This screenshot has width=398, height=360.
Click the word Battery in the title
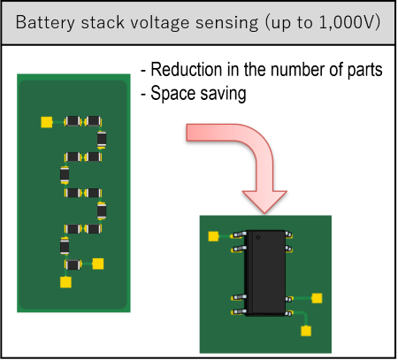45,23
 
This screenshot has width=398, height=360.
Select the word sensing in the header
227,23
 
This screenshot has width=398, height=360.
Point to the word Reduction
187,70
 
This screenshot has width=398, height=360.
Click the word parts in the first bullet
364,70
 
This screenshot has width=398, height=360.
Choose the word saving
223,94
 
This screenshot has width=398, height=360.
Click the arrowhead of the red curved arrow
264,202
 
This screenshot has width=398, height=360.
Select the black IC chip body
265,272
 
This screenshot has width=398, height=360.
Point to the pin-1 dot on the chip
258,237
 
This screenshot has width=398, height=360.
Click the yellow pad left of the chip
213,236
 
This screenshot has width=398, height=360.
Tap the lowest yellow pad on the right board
306,331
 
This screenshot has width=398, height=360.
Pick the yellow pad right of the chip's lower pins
317,298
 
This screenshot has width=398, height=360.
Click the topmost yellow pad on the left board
47,122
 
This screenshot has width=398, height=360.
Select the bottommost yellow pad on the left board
65,282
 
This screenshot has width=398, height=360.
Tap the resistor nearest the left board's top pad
73,121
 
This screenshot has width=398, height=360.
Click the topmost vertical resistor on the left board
102,140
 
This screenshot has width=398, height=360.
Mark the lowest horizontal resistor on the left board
73,264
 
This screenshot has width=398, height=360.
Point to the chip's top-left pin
239,234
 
